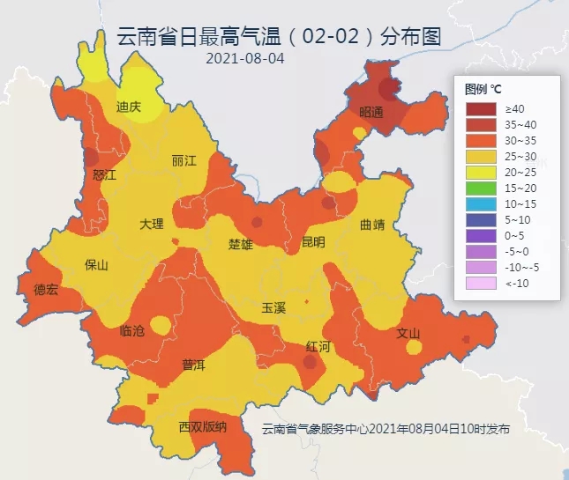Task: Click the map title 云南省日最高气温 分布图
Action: pos(279,37)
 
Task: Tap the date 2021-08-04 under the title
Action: pos(245,59)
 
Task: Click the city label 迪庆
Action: pos(129,107)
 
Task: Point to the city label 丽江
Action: pos(184,160)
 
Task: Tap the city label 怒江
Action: pos(104,174)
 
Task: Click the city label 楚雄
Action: pos(241,243)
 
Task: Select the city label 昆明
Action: pos(313,241)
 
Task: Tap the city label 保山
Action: pos(96,264)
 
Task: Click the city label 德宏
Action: pos(46,289)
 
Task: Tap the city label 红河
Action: pos(318,346)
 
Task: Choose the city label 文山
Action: pos(408,333)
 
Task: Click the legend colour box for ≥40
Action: pos(481,107)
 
